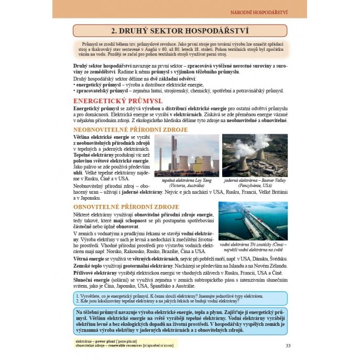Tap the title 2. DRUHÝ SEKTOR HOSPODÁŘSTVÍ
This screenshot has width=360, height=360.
180,31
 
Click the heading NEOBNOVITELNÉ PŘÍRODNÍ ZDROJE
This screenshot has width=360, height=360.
130,129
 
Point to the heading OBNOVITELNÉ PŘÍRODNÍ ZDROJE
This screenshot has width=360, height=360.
126,207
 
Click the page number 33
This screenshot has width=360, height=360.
288,344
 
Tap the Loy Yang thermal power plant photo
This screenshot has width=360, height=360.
187,155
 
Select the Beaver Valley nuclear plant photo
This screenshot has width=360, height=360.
255,155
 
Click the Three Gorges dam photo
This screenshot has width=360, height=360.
253,221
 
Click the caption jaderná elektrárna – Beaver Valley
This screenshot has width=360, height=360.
255,180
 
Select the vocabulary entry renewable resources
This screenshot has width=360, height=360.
126,346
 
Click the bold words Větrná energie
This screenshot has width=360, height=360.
90,259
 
